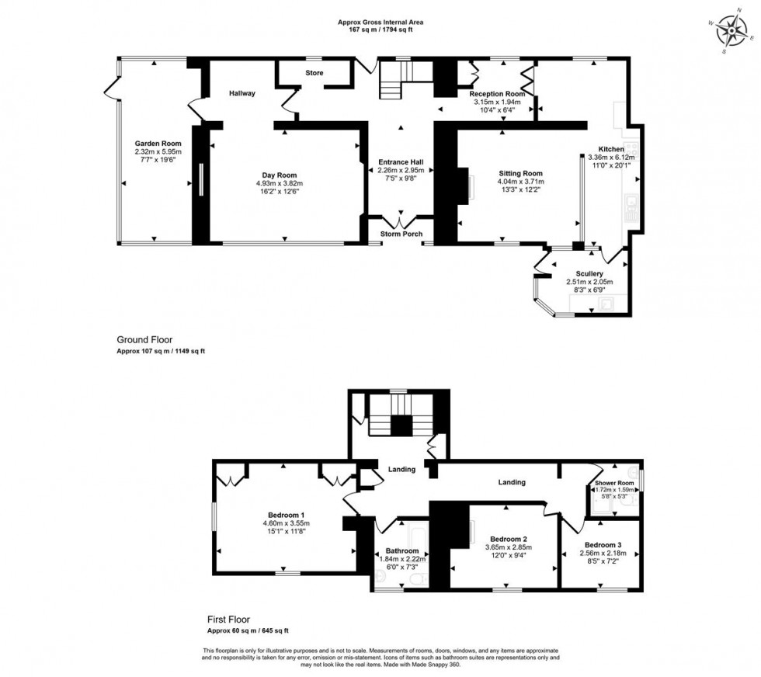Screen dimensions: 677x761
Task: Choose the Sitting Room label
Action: [519, 173]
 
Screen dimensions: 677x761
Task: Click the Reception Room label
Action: [497, 93]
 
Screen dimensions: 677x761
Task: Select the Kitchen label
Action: [610, 148]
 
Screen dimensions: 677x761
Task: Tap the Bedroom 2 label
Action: [509, 539]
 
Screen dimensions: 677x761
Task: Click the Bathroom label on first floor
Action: [401, 550]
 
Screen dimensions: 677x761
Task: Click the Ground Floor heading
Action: [144, 339]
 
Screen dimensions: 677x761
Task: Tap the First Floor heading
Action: [228, 619]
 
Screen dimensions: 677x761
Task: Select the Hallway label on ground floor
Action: [242, 93]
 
